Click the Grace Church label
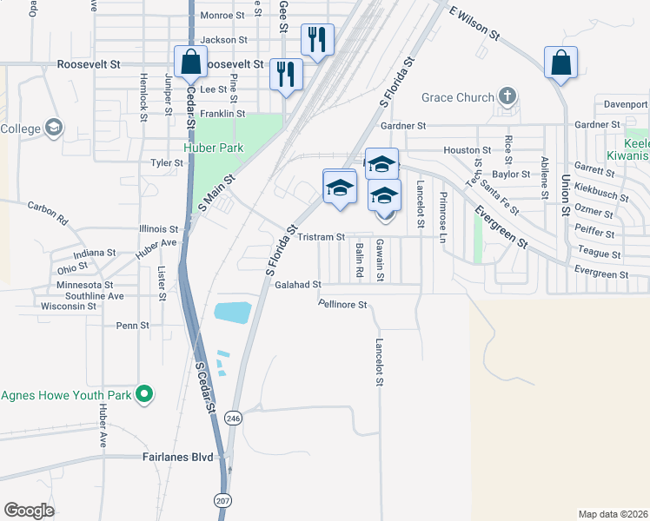click(x=458, y=97)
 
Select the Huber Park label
click(x=212, y=148)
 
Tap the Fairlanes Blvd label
click(x=177, y=457)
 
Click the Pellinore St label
click(x=343, y=305)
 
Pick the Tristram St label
click(x=322, y=236)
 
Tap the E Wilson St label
click(x=474, y=23)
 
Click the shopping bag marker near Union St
click(x=561, y=62)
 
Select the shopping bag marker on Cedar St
click(x=189, y=62)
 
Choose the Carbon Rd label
click(x=47, y=214)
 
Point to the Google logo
click(x=29, y=511)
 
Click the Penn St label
click(x=133, y=326)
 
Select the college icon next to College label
click(x=54, y=129)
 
